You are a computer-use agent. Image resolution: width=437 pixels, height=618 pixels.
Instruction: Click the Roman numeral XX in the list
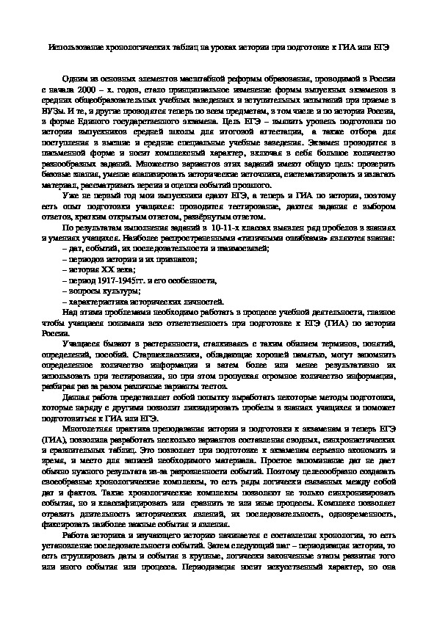pos(98,270)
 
